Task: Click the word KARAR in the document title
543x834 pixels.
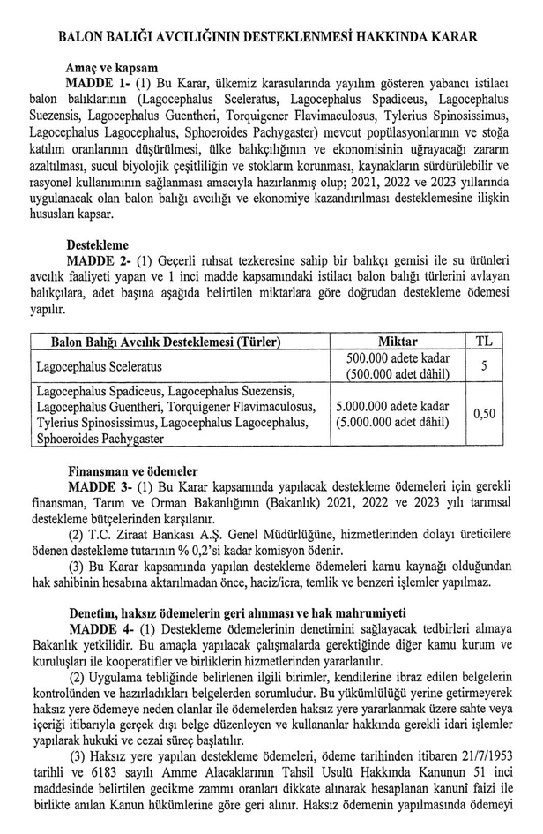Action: coord(450,37)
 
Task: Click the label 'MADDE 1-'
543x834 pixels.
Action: coord(98,82)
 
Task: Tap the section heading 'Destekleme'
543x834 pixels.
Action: coord(98,244)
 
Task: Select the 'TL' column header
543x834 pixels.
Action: coord(485,342)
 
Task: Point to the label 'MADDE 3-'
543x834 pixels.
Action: coord(98,487)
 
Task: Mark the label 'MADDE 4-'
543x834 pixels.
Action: coord(98,628)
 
